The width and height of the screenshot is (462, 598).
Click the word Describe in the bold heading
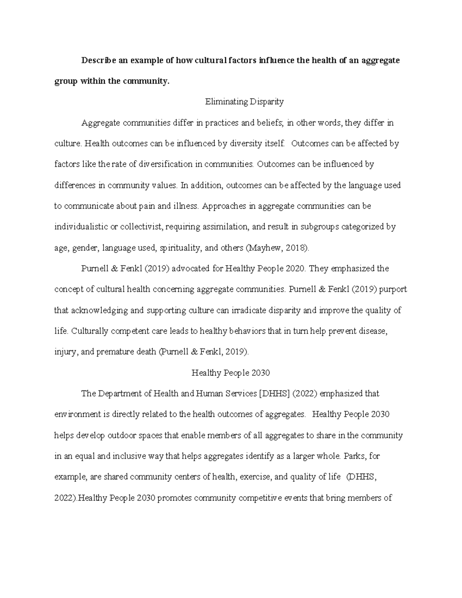click(99, 60)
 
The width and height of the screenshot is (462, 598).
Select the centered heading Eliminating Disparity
click(244, 102)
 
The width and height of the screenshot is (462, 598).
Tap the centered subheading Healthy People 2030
click(231, 373)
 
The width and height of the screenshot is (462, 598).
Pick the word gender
click(85, 248)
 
